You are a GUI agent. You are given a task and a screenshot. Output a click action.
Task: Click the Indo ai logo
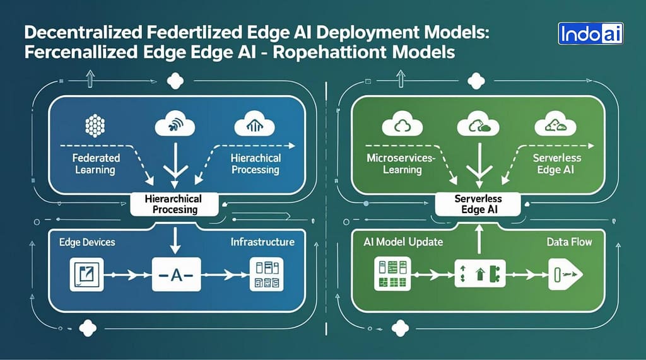(590, 33)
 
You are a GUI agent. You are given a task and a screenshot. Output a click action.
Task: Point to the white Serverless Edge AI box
(477, 204)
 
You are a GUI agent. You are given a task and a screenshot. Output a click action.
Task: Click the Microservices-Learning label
(401, 163)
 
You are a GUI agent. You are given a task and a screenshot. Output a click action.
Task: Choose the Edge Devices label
(88, 242)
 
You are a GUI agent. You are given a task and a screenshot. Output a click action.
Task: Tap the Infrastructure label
(262, 242)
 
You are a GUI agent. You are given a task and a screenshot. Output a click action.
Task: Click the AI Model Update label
(403, 242)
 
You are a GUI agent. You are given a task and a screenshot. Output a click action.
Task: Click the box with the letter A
(176, 274)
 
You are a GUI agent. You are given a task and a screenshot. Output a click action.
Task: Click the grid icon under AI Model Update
(392, 274)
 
